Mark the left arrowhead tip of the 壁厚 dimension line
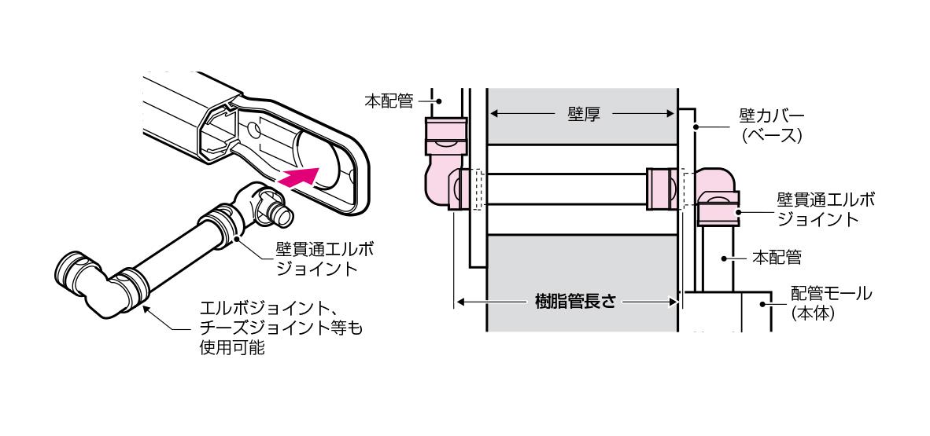point(489,114)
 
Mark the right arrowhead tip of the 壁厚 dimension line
point(676,114)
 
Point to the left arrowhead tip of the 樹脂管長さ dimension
point(456,302)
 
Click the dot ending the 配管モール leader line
point(763,305)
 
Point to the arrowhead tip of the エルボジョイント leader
point(143,305)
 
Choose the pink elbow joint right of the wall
point(718,196)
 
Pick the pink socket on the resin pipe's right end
point(663,189)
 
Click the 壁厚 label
point(584,114)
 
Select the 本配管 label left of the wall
point(389,101)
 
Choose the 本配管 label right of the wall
point(777,258)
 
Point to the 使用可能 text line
point(233,347)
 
